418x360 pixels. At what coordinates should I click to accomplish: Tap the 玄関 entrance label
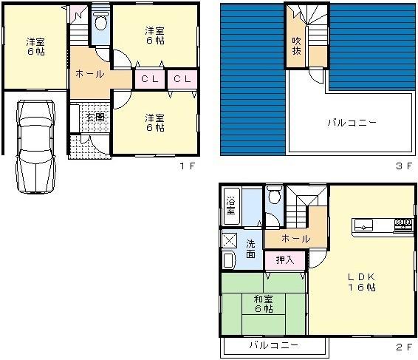click(x=95, y=118)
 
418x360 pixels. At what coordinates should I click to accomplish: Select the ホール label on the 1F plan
click(x=89, y=74)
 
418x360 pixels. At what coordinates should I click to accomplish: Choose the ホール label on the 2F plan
click(x=296, y=239)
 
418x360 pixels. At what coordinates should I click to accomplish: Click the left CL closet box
click(x=148, y=78)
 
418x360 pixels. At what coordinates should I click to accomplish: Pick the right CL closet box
click(x=182, y=78)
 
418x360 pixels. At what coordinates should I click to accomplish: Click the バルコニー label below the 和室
click(x=273, y=345)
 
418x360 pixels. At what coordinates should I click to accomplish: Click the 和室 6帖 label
click(x=263, y=304)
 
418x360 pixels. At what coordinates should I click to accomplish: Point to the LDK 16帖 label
click(x=363, y=282)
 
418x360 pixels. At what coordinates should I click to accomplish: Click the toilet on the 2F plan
click(x=275, y=197)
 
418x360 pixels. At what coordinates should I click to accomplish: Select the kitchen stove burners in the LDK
click(x=403, y=223)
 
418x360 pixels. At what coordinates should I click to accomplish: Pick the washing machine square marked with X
click(x=229, y=240)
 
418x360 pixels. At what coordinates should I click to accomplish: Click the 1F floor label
click(x=187, y=166)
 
